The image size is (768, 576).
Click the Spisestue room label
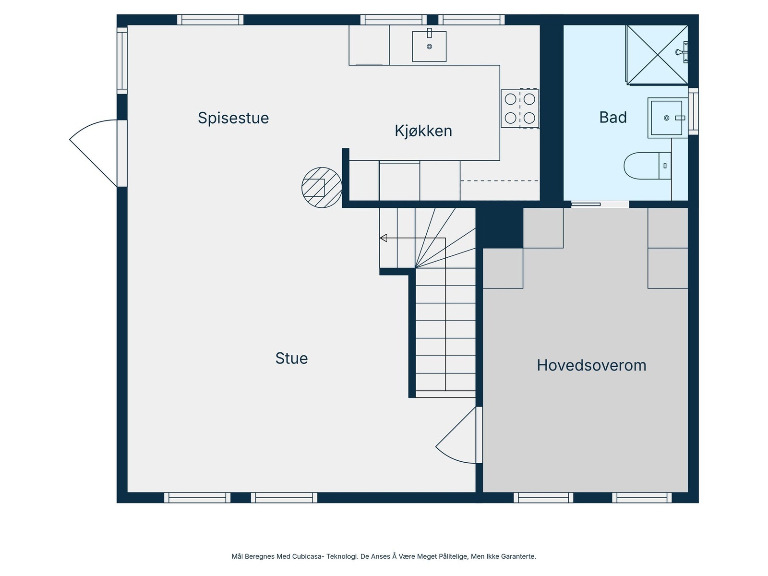pos(233,118)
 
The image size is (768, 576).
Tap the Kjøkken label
pos(423,131)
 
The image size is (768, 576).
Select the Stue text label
pos(291,359)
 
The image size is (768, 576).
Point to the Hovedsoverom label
pos(591,365)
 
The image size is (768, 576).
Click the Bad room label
pos(613,118)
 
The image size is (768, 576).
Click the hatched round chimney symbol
pos(322,188)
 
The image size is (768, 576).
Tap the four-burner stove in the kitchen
pos(520,108)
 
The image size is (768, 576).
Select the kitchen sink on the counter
pos(429,46)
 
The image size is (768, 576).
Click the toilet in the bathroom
pos(647,166)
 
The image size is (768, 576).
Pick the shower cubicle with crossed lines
pos(657,55)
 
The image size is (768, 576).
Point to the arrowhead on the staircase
pos(383,238)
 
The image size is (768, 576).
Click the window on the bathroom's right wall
pos(693,111)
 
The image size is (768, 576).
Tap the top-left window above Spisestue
pos(210,20)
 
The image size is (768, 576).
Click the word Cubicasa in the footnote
pos(308,557)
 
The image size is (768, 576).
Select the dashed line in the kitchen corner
pos(499,181)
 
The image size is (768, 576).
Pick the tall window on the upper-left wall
pos(122,60)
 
